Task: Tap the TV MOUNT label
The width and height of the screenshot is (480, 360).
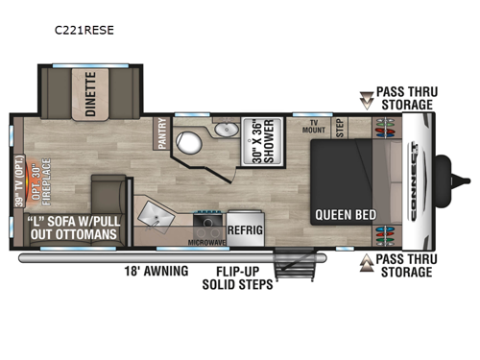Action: [313, 128]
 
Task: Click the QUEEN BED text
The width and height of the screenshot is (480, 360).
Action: [344, 214]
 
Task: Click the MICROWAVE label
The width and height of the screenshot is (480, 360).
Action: [206, 242]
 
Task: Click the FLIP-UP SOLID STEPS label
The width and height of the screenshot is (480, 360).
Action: [237, 278]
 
